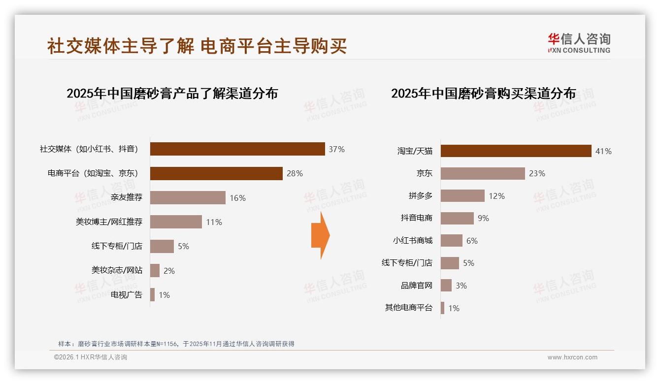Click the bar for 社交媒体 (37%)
tap(237, 149)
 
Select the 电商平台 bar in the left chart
tap(216, 173)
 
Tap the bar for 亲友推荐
tap(188, 197)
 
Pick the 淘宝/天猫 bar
tap(516, 151)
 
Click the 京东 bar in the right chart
tap(483, 173)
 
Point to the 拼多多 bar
tap(462, 196)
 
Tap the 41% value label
tap(603, 151)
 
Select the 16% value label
tap(237, 198)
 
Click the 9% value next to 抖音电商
tap(483, 218)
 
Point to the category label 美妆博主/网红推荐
tap(109, 222)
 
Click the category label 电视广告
tap(126, 295)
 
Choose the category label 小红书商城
tap(412, 241)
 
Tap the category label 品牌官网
tap(416, 286)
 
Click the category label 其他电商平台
tap(408, 308)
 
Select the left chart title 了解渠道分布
tap(172, 93)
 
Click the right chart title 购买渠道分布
tap(483, 93)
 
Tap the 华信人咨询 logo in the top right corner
tap(579, 43)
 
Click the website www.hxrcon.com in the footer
tap(572, 357)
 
